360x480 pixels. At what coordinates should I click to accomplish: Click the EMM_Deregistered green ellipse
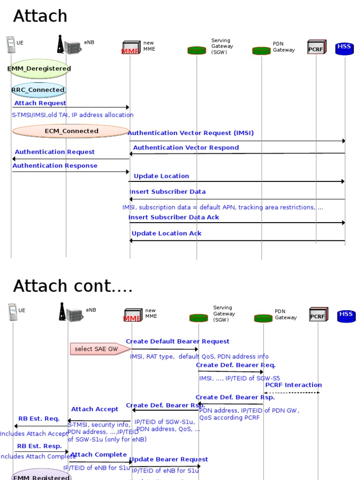pos(39,68)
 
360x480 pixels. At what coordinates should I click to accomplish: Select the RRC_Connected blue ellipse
pos(39,90)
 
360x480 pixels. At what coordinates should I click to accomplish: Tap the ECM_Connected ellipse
pos(71,131)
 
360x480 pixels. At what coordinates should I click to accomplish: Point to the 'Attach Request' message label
pos(40,103)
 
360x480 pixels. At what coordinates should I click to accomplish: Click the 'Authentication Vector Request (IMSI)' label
pos(191,133)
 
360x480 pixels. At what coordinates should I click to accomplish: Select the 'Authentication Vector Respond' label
pos(186,148)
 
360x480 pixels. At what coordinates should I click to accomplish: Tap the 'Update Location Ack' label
pos(166,233)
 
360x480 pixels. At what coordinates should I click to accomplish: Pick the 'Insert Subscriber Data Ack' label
pos(174,217)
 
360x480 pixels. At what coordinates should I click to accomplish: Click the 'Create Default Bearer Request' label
pos(178,342)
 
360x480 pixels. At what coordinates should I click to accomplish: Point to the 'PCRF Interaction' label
pos(293,385)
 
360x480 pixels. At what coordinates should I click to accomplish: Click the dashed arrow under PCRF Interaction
pos(292,392)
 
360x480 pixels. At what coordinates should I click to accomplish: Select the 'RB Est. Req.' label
pos(39,419)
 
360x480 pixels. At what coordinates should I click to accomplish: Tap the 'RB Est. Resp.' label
pos(39,446)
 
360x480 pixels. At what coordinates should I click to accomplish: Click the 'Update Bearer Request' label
pos(169,459)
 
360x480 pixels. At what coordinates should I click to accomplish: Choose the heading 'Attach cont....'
pos(73,286)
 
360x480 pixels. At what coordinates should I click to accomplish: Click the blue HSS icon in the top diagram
pos(345,48)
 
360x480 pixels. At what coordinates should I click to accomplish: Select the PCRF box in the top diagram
pos(316,47)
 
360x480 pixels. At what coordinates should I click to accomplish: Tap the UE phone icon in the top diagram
pos(11,45)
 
